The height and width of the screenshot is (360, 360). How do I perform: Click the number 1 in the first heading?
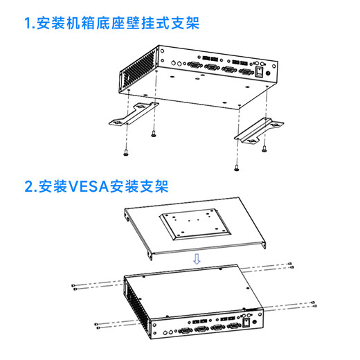(28, 23)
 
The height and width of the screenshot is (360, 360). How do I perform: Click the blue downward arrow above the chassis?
(197, 259)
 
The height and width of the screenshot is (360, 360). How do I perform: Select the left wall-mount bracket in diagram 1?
(134, 114)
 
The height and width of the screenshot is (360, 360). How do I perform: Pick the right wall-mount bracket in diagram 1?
(259, 131)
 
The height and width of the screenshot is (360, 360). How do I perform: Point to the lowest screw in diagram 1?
(236, 168)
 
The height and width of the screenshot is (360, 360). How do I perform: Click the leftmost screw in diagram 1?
(126, 152)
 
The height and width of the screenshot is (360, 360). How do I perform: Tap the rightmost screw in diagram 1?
(264, 149)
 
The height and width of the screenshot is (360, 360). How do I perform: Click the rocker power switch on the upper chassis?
(259, 72)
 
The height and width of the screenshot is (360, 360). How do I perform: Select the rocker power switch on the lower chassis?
(246, 323)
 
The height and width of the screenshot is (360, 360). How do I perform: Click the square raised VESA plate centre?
(195, 224)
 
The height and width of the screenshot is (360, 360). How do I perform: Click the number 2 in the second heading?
(29, 186)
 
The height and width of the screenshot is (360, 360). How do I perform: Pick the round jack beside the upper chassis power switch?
(268, 73)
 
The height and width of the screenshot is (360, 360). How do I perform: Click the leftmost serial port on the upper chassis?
(195, 64)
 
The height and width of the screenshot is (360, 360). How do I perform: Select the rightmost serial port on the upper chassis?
(246, 72)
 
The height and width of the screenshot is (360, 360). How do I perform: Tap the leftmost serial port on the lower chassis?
(185, 331)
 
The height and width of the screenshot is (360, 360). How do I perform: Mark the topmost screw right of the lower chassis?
(290, 264)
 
